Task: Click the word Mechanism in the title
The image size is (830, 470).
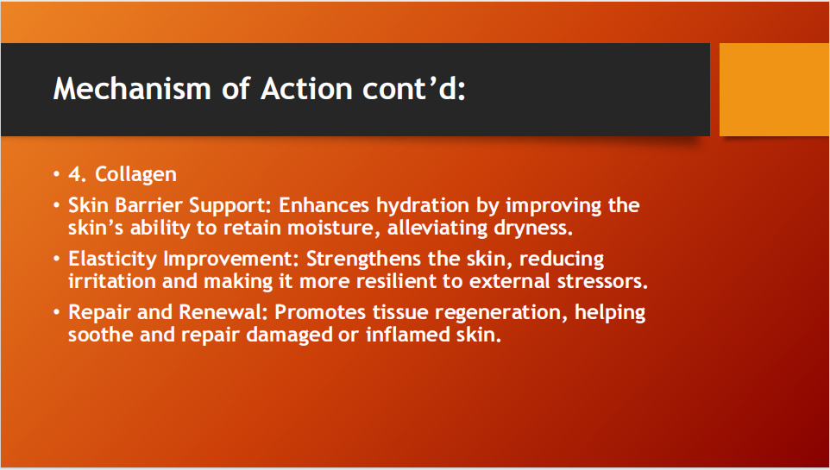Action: [132, 88]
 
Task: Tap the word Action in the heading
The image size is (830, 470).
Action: [306, 88]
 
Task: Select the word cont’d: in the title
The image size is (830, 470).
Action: [414, 88]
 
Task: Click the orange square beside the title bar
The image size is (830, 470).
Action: [774, 90]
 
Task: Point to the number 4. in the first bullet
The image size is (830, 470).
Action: [78, 174]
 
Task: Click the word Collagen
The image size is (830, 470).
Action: [135, 175]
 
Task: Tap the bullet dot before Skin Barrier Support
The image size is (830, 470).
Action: [57, 205]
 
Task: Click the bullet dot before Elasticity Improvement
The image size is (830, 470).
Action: [57, 259]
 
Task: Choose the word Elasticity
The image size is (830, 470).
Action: [113, 259]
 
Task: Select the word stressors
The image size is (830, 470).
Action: [602, 281]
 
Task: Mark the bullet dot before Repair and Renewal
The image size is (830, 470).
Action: [57, 311]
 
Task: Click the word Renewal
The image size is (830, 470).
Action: [223, 311]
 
